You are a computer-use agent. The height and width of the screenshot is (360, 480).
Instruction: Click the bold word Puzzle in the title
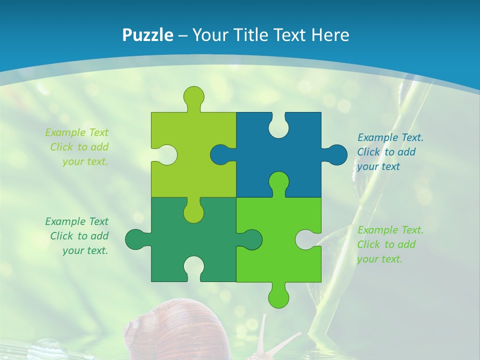pos(148,35)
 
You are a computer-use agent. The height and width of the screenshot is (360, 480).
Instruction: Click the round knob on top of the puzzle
pos(193,96)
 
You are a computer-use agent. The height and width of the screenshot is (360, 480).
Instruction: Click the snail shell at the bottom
pos(165,330)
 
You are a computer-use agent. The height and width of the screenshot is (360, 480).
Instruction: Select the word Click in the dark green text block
pos(61,236)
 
